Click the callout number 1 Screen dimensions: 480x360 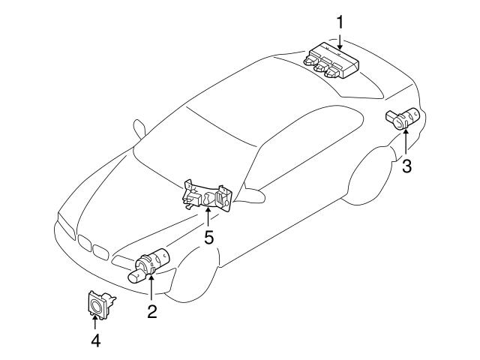(339, 22)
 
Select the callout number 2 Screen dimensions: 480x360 (151, 311)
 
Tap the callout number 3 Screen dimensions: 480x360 (407, 166)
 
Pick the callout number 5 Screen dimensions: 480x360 (208, 238)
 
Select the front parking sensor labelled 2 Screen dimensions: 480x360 (148, 263)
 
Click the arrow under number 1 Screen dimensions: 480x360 (339, 40)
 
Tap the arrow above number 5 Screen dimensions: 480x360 (208, 217)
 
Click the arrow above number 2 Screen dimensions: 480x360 (151, 289)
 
